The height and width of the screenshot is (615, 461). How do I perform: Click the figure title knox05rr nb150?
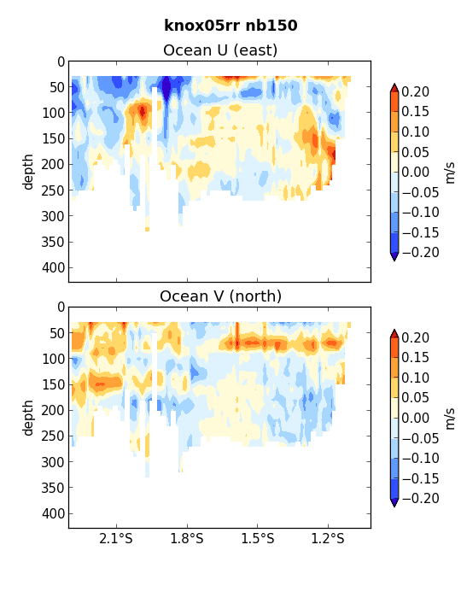[x=230, y=26]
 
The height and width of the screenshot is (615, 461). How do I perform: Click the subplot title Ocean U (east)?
[x=220, y=50]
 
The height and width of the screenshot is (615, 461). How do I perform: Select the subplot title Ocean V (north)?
[x=221, y=296]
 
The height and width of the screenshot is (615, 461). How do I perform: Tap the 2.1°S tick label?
[x=116, y=538]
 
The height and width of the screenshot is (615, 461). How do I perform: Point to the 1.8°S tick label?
[x=187, y=538]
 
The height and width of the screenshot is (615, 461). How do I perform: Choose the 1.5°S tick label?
[x=258, y=538]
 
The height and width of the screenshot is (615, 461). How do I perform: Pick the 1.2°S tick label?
[x=328, y=538]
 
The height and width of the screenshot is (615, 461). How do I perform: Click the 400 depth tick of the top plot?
[x=53, y=268]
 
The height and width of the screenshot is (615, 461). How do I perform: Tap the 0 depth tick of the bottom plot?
[x=61, y=307]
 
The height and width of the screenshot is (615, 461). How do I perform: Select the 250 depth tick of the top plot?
[x=53, y=190]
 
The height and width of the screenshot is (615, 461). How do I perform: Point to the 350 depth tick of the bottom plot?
[x=53, y=488]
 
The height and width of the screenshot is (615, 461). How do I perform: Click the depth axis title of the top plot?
[x=28, y=172]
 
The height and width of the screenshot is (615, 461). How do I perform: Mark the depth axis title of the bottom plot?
[x=28, y=418]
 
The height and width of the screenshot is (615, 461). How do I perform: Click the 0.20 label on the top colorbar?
[x=416, y=91]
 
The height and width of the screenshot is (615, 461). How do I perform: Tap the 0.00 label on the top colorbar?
[x=416, y=173]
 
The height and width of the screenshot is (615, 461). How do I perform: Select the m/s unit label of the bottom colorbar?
[x=451, y=419]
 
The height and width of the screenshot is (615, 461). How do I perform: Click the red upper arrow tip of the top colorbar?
[x=394, y=84]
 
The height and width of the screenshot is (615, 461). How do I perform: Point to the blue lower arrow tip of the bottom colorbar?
[x=394, y=507]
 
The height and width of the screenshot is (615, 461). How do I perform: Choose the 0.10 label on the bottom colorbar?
[x=416, y=378]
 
